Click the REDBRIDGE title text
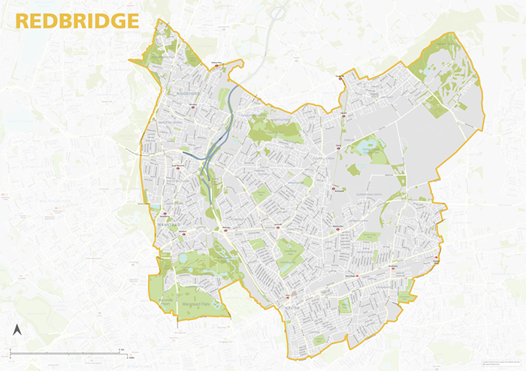click(77, 20)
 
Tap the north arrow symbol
click(17, 330)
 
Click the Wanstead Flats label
click(195, 304)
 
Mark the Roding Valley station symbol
click(219, 66)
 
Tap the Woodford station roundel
click(193, 107)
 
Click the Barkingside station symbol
click(334, 188)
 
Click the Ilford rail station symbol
click(294, 294)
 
